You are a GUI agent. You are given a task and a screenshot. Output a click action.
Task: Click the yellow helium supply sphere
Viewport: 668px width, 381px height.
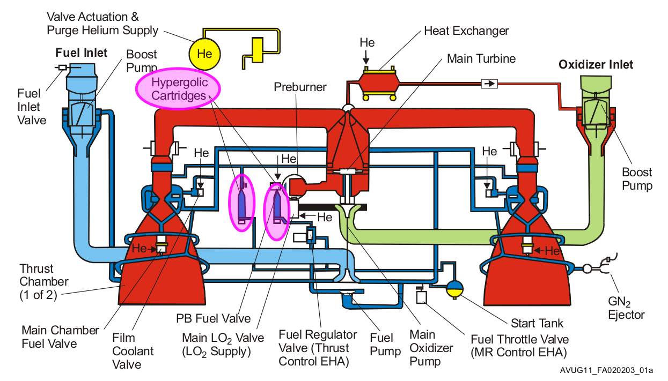coord(204,54)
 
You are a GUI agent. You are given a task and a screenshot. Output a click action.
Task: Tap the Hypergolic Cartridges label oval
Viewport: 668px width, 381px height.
coord(179,89)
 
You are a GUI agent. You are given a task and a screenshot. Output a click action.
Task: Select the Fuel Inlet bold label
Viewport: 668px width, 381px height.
coord(82,53)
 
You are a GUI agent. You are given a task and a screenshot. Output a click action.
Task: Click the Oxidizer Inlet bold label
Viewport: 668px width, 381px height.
coord(596,65)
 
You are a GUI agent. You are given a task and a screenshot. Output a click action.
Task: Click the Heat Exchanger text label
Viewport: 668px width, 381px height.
coord(466,31)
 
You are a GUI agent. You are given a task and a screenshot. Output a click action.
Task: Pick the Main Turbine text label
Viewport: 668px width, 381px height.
coord(481,58)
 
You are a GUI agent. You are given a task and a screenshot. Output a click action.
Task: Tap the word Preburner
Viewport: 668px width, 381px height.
coord(300,87)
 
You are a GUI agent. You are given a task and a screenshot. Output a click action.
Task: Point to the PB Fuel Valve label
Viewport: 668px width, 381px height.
coord(213,318)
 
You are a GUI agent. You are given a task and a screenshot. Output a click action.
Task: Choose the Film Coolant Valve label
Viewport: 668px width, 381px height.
coord(133,351)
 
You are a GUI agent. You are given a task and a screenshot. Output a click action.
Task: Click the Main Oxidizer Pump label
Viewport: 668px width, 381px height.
coord(431,348)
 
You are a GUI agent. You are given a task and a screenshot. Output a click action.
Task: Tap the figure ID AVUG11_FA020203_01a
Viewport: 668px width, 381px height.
coord(612,370)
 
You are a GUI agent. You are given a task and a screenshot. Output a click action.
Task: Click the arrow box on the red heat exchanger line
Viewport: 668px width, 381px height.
coord(489,84)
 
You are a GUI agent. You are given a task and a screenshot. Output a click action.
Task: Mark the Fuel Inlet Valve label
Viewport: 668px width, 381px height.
coord(32,107)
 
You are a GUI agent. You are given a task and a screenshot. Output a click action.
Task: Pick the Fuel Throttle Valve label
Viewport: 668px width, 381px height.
coord(519,346)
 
